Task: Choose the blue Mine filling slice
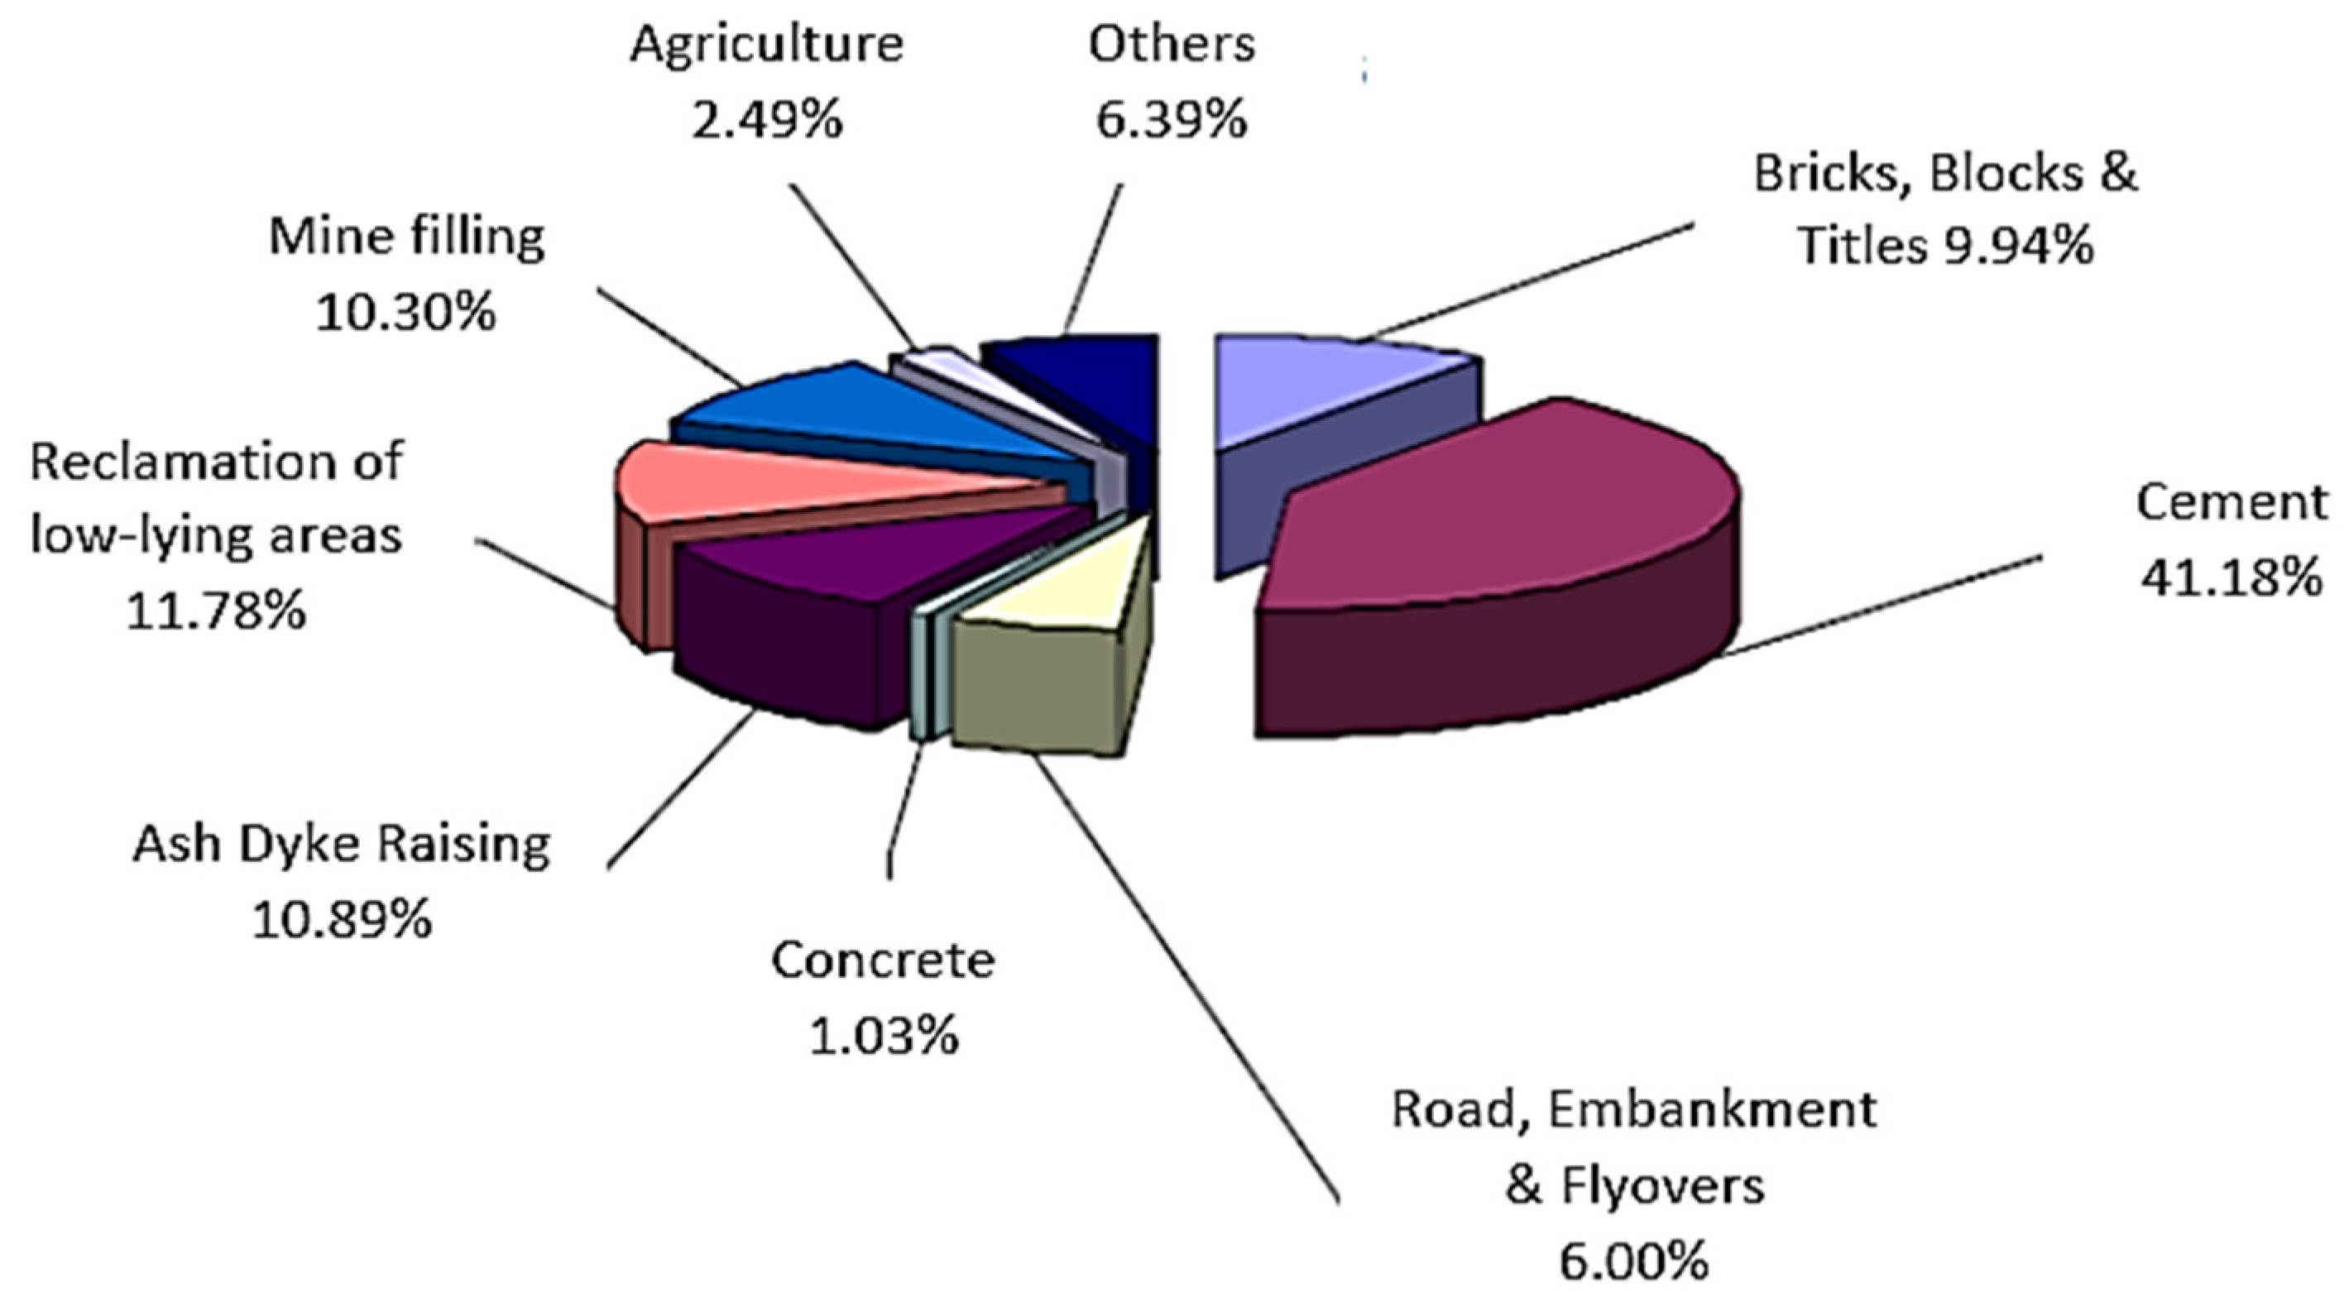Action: [874, 410]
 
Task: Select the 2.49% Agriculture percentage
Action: [767, 119]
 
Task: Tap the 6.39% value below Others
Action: [1171, 119]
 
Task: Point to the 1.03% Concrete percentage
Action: [884, 1036]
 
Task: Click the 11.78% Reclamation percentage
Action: [216, 611]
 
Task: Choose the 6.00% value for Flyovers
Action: [1634, 1261]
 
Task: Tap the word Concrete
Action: [884, 960]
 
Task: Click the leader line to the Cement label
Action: [1875, 605]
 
